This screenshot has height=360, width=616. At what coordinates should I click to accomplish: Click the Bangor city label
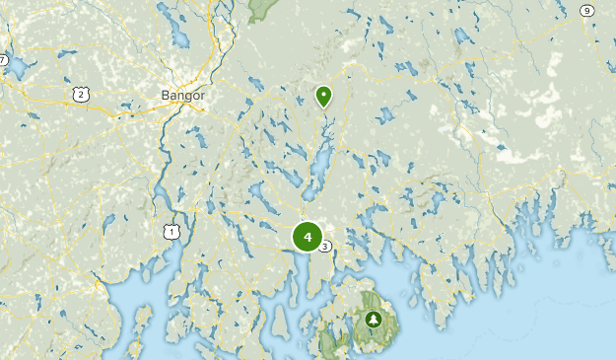pos(182,96)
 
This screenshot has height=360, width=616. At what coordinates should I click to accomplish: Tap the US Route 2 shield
pos(80,93)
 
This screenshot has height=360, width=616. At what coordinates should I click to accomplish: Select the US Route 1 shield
pos(173,231)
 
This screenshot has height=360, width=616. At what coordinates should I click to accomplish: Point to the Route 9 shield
pos(586,11)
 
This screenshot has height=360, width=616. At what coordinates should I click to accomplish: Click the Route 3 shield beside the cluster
pos(326,247)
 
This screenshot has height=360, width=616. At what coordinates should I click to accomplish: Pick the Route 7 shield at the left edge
pos(3,61)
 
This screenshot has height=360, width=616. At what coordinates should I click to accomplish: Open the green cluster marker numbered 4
pos(308,237)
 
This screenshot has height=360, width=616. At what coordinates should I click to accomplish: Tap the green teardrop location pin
pos(323,97)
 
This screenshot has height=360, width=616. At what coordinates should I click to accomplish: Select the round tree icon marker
pos(374,320)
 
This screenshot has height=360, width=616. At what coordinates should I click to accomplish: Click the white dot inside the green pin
pos(323,95)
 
